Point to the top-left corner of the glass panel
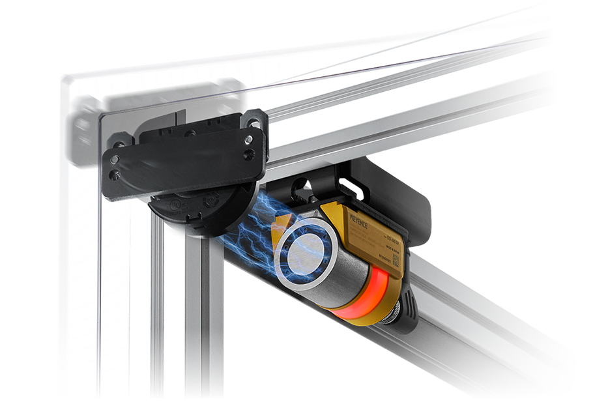63,77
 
